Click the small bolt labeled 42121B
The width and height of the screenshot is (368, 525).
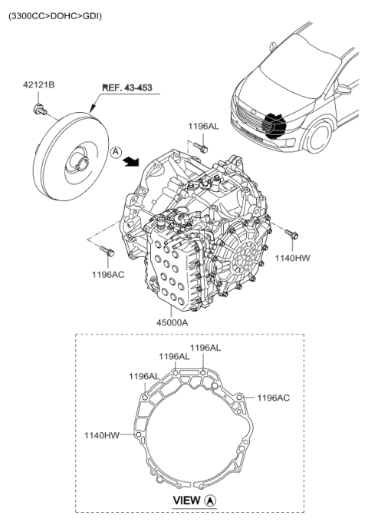38,112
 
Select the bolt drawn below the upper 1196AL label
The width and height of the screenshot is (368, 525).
200,145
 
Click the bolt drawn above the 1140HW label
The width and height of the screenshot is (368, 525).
291,233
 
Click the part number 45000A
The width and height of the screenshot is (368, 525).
171,322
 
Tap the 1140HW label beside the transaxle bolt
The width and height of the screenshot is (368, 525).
293,259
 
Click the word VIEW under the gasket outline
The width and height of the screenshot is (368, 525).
187,501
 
